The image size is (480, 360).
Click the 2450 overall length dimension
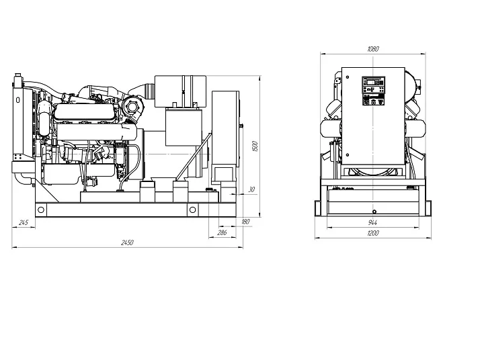tap(127, 242)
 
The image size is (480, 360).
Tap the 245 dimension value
tap(24, 222)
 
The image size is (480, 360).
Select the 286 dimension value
tap(222, 233)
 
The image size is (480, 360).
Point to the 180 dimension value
tap(245, 222)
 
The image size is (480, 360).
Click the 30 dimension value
tap(251, 189)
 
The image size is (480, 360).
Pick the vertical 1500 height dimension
tap(255, 146)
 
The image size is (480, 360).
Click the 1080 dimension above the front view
tap(373, 49)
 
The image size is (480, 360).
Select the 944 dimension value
tap(372, 222)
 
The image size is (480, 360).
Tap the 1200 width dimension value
tap(372, 233)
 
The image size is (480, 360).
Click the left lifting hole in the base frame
tap(41, 210)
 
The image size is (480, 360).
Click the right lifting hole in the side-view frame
tap(192, 210)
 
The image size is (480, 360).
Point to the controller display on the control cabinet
tap(374, 82)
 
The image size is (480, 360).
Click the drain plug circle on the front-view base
tap(374, 212)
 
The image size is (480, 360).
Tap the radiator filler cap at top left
tap(18, 75)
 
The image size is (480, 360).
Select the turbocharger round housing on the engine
tap(132, 107)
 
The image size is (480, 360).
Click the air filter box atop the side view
tap(180, 91)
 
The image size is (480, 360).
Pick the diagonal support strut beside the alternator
tap(193, 156)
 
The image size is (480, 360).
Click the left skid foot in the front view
tap(318, 209)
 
